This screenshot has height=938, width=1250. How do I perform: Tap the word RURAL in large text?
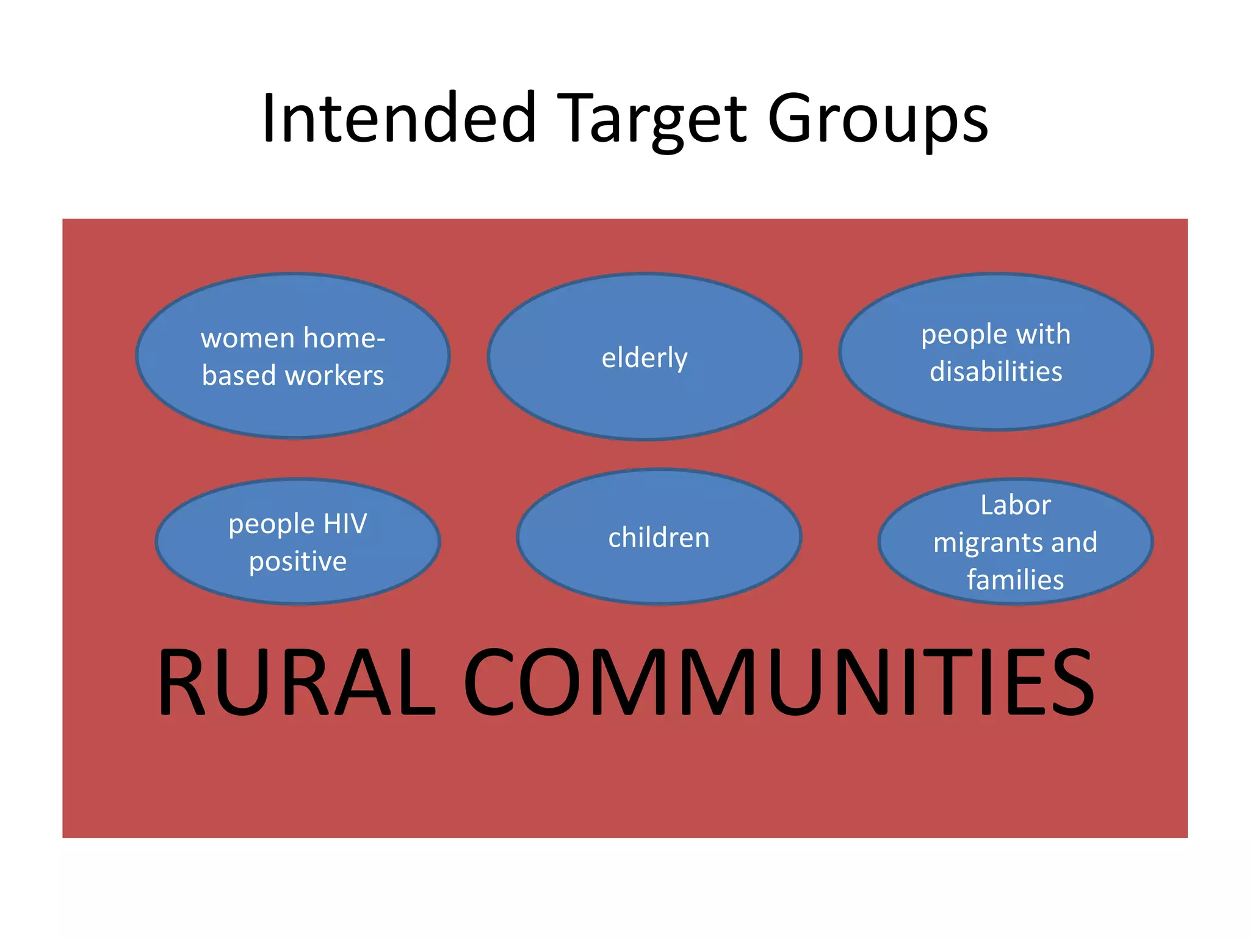297,682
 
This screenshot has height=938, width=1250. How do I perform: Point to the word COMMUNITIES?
779,682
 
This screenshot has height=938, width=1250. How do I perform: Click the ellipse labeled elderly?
645,391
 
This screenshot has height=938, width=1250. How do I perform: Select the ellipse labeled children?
659,568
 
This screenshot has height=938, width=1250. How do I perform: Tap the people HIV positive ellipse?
298,586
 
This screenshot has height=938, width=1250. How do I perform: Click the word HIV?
345,524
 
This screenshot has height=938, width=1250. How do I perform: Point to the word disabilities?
995,372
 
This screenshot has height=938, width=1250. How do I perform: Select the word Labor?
1016,506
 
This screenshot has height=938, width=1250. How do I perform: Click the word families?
1016,580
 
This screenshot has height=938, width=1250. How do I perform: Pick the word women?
247,338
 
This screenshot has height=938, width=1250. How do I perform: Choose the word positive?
298,562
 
